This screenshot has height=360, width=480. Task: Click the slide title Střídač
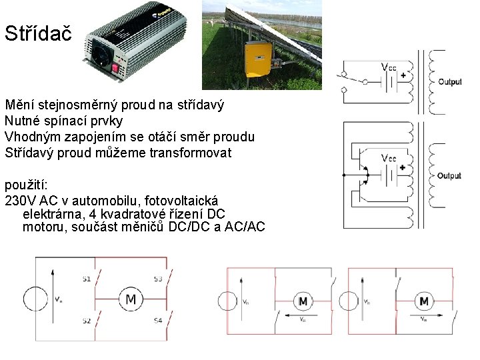37,33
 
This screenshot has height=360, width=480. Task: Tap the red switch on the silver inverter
115,67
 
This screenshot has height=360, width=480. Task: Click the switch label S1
86,279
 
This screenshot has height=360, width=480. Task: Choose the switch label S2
86,321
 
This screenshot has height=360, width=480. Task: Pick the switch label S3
157,279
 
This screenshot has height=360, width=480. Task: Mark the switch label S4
157,321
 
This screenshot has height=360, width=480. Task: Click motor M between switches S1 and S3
130,299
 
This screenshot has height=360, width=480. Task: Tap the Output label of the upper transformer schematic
449,82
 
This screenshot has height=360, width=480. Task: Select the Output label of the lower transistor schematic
449,176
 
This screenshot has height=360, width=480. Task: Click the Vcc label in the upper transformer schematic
388,67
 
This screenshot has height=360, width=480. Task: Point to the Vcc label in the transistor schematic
388,158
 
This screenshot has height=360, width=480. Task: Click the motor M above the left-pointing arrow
303,302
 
